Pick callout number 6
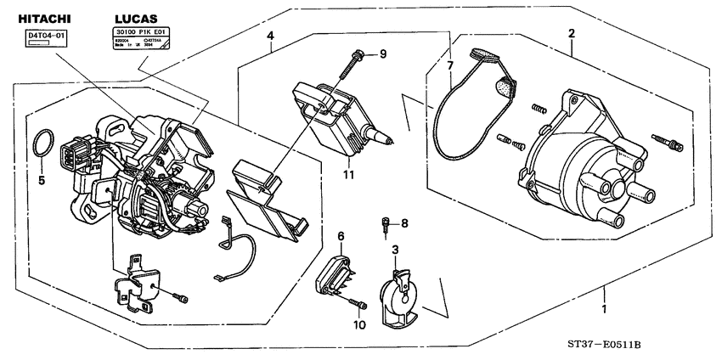click(x=341, y=236)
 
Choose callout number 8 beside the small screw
click(x=404, y=223)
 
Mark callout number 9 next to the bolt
click(x=382, y=54)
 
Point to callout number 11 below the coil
click(x=349, y=175)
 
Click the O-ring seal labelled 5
click(x=44, y=144)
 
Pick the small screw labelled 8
click(x=386, y=225)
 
